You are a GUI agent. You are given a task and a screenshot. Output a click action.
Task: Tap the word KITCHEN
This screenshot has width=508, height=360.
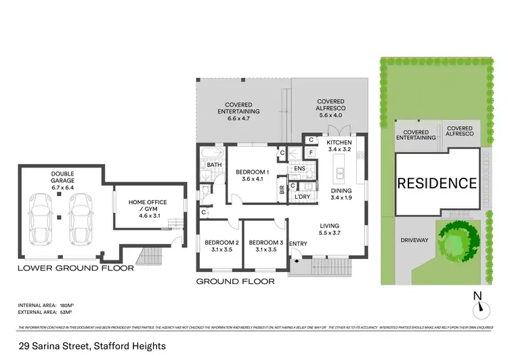pyautogui.click(x=339, y=142)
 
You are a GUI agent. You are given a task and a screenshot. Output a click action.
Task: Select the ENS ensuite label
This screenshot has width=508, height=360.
pyautogui.click(x=299, y=168)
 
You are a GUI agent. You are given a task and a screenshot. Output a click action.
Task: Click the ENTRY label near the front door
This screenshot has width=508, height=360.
pyautogui.click(x=298, y=243)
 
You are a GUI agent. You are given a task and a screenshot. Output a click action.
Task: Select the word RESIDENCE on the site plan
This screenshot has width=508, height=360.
pyautogui.click(x=436, y=183)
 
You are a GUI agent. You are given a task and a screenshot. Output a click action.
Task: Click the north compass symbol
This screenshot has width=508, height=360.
pyautogui.click(x=481, y=306)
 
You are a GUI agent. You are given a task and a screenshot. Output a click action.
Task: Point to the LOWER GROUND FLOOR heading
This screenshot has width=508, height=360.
pyautogui.click(x=75, y=268)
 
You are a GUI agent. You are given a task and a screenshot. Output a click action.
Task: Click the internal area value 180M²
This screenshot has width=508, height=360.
pyautogui.click(x=67, y=307)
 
